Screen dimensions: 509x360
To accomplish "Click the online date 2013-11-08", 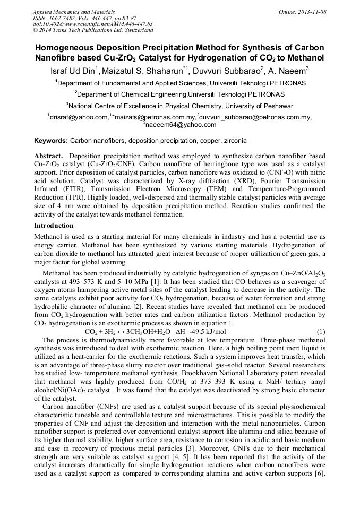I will coord(311,12).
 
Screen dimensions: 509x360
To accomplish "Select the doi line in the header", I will coord(92,24).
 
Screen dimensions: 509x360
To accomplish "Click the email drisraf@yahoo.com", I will coord(79,117).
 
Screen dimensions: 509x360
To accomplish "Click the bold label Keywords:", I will coord(51,141).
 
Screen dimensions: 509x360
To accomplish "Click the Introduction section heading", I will coord(54,226).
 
